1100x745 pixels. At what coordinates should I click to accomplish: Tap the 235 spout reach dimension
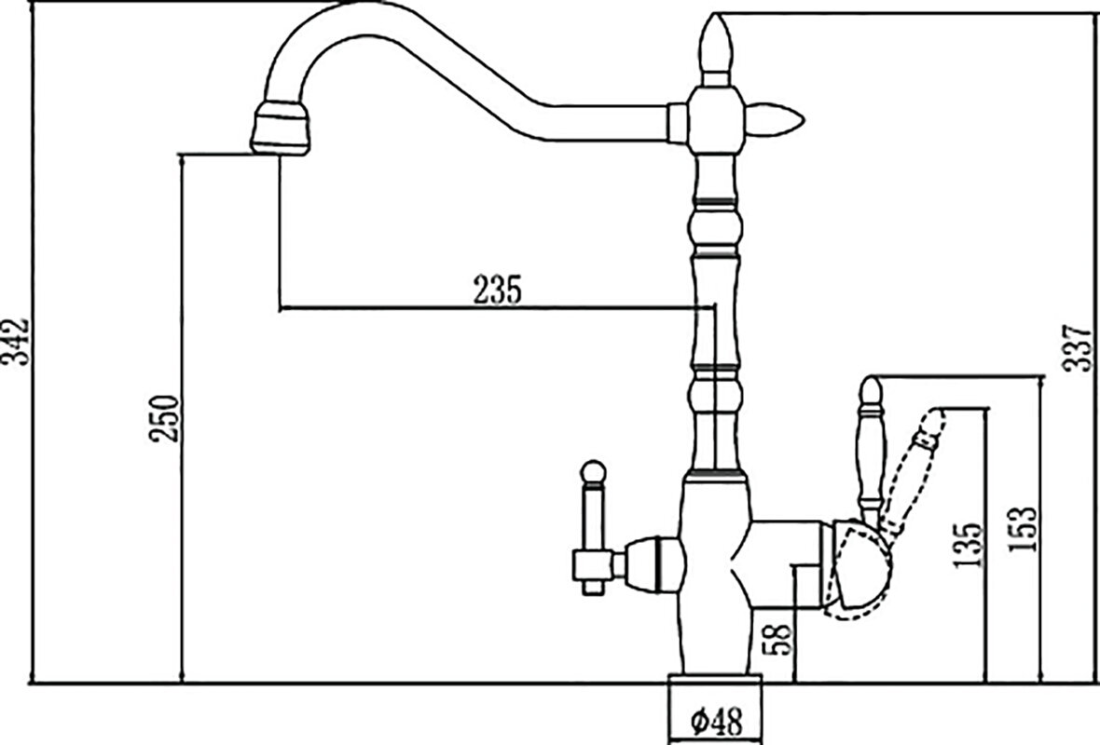[x=498, y=291]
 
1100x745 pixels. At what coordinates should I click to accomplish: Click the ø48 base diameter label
[x=716, y=721]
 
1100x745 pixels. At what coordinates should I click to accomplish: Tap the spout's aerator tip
[x=281, y=129]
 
